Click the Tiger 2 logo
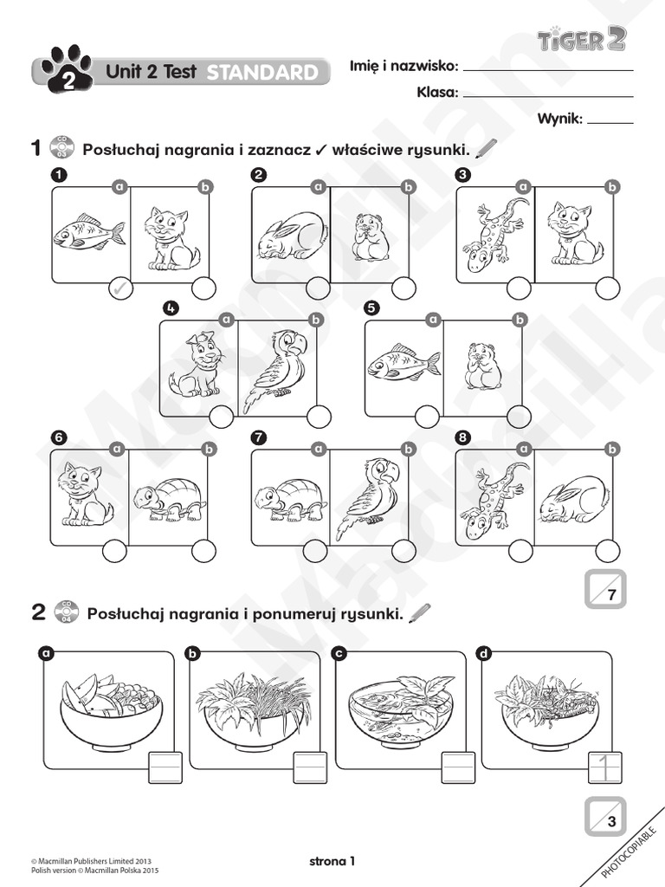(581, 39)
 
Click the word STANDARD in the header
(262, 73)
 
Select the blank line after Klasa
(548, 95)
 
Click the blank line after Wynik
(610, 122)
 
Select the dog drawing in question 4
(197, 365)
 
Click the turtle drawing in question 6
(171, 500)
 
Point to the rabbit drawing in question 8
(574, 501)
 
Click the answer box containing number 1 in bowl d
(604, 767)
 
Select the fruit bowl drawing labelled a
(110, 703)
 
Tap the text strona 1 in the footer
(332, 860)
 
